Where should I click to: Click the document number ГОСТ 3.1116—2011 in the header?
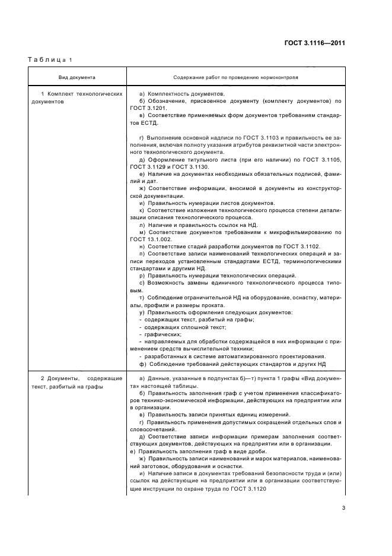pos(315,43)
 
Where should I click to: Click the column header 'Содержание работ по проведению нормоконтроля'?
pos(235,78)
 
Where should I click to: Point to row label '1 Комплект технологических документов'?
pos(76,98)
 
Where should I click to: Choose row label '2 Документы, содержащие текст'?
pos(76,381)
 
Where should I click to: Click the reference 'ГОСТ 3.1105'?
pos(326,160)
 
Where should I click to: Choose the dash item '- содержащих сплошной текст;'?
pos(176,327)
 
